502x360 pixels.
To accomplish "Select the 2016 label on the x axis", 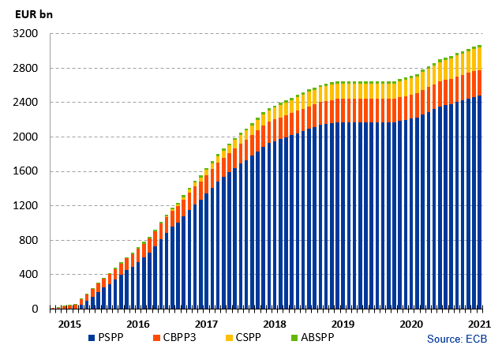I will [x=137, y=324].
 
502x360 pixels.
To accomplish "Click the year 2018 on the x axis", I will [x=274, y=324].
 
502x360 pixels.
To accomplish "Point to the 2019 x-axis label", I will [x=342, y=324].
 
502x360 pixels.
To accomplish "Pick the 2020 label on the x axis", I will [x=410, y=324].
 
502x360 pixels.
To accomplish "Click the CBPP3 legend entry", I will [x=179, y=339].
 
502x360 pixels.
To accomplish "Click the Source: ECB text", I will [x=457, y=339].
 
